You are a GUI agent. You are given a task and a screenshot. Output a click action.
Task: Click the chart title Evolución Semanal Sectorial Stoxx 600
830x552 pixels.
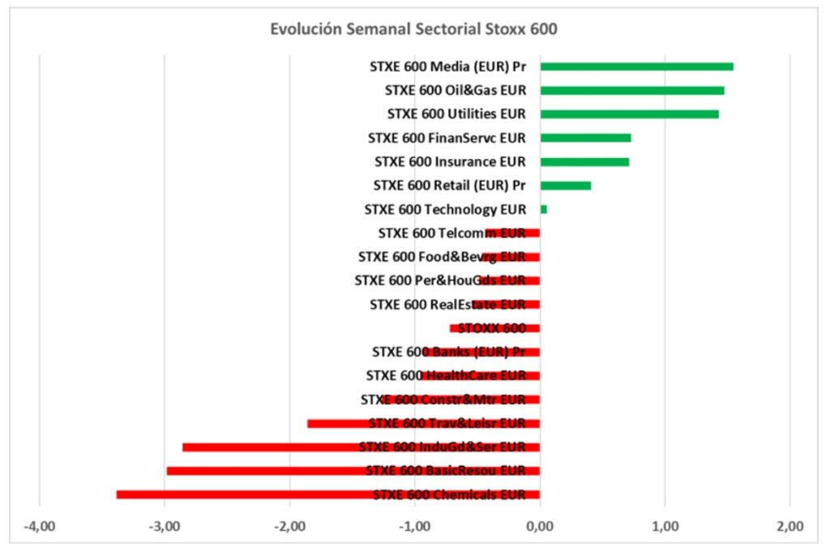click(x=414, y=29)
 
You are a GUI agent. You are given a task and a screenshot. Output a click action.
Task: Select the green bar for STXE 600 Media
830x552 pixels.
click(x=636, y=66)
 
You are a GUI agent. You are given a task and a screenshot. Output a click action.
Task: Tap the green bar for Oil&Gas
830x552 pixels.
click(x=632, y=90)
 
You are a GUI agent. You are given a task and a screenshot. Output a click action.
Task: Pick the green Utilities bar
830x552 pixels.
click(x=629, y=114)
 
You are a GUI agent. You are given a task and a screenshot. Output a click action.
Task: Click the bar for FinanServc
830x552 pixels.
click(x=585, y=138)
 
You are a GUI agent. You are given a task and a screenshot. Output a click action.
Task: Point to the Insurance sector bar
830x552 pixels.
click(x=584, y=162)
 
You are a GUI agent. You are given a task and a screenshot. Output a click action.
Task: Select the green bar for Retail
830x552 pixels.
click(x=566, y=186)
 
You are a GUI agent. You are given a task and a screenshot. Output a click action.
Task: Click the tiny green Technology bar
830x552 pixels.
click(x=543, y=209)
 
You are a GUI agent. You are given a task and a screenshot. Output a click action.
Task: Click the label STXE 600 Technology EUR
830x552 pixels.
click(x=445, y=209)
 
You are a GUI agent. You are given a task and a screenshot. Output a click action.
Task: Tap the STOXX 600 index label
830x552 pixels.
click(x=492, y=328)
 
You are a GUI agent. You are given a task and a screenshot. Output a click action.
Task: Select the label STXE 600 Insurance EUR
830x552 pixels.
click(x=450, y=162)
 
